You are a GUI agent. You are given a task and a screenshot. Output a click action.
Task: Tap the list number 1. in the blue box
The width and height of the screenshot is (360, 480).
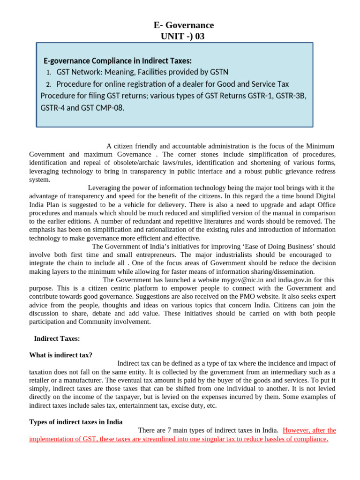coord(49,73)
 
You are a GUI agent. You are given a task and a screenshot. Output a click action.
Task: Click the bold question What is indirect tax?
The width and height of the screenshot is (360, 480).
coord(60,355)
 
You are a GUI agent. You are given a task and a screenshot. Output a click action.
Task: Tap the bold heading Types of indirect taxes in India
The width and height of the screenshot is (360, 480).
coord(76,422)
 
